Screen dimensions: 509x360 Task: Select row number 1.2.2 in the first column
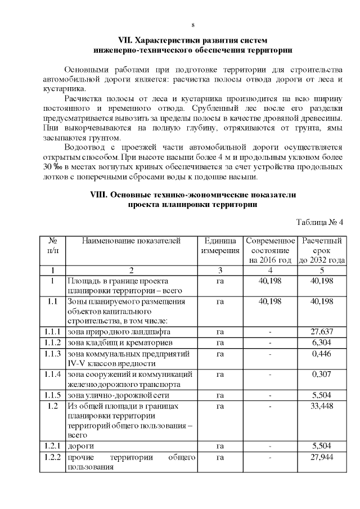tap(52, 457)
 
